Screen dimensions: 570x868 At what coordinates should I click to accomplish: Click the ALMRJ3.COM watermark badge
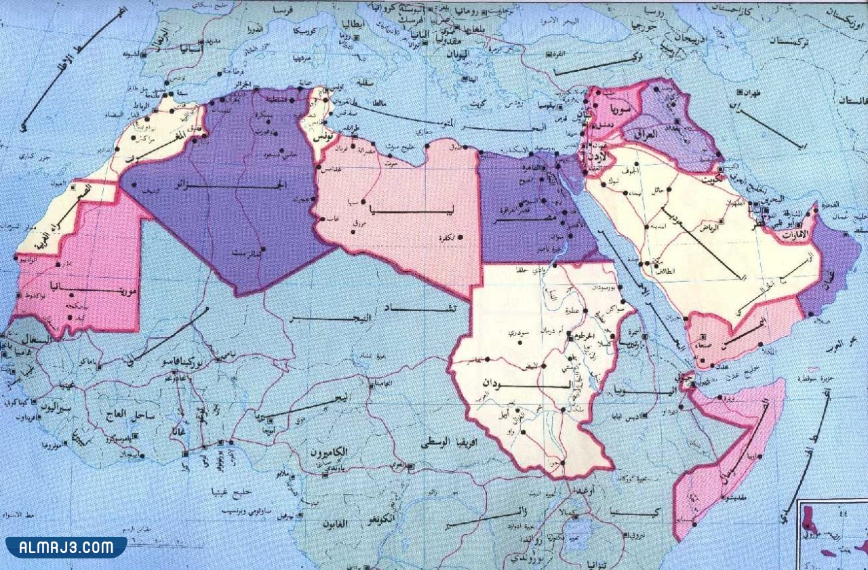coord(66,547)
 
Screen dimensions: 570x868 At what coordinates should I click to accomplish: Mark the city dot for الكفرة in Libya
coord(460,238)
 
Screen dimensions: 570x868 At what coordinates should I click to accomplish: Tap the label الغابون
coord(334,523)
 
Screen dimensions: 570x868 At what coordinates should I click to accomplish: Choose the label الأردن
coord(603,156)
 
